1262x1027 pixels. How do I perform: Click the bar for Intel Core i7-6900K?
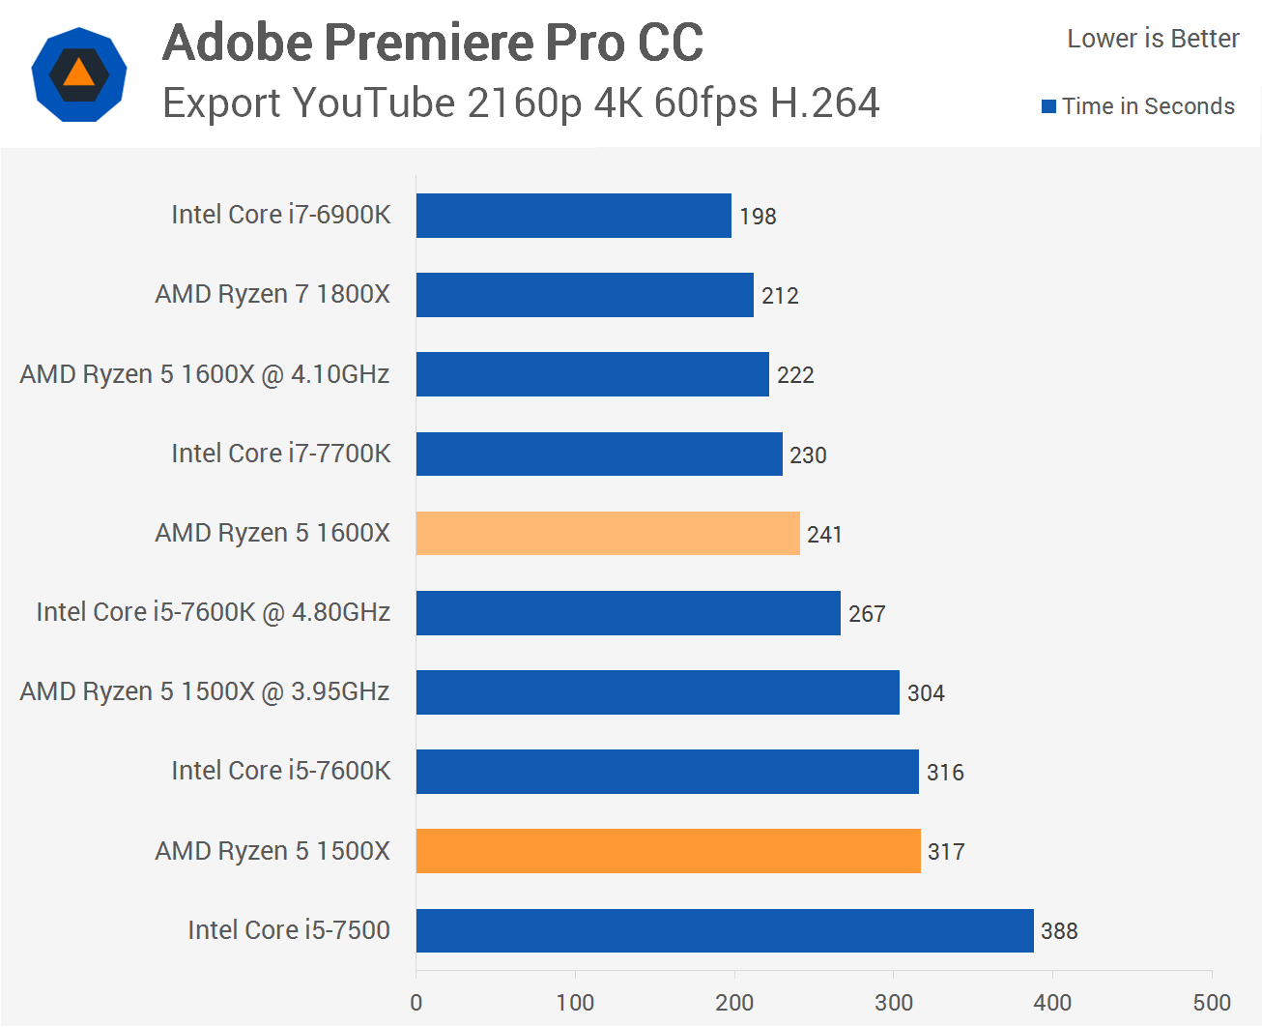click(573, 216)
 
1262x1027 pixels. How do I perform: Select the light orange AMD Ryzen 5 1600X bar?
click(608, 533)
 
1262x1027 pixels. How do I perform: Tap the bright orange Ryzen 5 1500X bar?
click(668, 851)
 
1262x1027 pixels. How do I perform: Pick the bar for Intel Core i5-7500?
click(725, 930)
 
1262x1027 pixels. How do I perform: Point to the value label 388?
click(1059, 931)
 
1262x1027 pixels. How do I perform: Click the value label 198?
click(758, 217)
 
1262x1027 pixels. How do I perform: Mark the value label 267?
click(867, 614)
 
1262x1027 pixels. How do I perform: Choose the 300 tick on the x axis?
click(894, 1003)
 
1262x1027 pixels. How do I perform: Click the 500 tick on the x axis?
click(1212, 1003)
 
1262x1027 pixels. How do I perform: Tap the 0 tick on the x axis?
click(416, 1003)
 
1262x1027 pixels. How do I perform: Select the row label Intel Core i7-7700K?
click(281, 454)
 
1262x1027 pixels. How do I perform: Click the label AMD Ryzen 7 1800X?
click(272, 294)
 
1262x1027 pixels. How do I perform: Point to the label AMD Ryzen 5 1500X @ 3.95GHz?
click(205, 691)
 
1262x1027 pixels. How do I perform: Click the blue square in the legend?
click(1048, 106)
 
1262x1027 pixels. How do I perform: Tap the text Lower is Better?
click(1153, 39)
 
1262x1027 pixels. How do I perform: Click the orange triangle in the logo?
click(79, 73)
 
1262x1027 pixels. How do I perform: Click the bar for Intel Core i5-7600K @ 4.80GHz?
click(628, 613)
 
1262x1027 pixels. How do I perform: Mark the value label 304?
click(926, 693)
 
